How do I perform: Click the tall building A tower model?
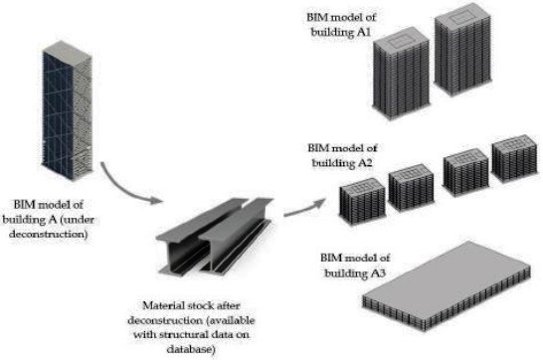[x=68, y=110]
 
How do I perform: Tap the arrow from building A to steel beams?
[x=124, y=189]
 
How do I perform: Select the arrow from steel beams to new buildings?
[x=304, y=207]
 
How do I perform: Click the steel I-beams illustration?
[x=215, y=237]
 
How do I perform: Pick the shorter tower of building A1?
[x=402, y=74]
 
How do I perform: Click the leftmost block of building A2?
[x=362, y=202]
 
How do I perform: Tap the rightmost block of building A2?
[x=514, y=158]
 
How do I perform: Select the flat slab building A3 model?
[x=447, y=286]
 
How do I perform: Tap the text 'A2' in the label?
[x=365, y=163]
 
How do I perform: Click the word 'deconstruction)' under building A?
[x=48, y=234]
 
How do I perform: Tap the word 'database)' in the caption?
[x=191, y=349]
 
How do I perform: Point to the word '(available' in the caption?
[x=231, y=320]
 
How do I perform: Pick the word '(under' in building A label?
[x=77, y=220]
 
